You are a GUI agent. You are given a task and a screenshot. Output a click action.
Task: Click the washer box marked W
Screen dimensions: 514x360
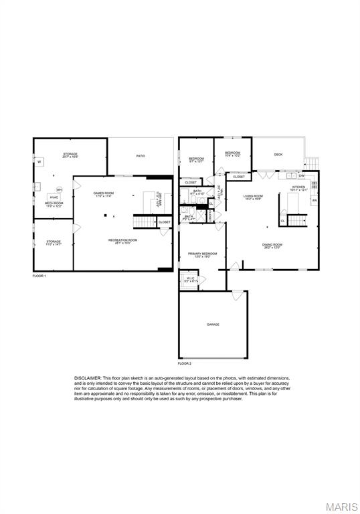tap(39, 162)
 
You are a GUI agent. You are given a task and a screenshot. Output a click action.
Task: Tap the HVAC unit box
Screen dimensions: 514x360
tap(53, 197)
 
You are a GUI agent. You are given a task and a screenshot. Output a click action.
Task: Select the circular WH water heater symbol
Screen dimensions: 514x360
tap(59, 189)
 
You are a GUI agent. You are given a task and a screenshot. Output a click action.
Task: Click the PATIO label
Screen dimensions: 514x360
tap(141, 156)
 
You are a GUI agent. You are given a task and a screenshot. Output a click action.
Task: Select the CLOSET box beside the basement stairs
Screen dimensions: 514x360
tap(165, 222)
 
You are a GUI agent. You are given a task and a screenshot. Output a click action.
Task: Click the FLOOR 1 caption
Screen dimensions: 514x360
tap(39, 276)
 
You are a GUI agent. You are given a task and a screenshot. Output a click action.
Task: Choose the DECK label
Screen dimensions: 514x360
tap(278, 155)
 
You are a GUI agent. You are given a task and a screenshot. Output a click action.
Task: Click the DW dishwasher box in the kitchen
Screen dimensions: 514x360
tap(302, 176)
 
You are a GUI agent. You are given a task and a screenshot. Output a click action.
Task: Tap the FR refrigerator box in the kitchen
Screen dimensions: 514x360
tap(313, 200)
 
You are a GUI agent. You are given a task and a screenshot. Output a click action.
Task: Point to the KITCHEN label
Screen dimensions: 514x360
tap(298, 187)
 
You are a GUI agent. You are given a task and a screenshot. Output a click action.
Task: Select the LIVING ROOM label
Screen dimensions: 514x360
tap(253, 197)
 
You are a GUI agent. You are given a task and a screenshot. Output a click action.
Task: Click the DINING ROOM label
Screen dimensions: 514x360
tap(272, 245)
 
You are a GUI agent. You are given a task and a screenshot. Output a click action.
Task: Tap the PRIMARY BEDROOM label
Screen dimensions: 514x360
tap(202, 254)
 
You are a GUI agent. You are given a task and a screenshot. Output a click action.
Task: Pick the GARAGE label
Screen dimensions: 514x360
tap(213, 325)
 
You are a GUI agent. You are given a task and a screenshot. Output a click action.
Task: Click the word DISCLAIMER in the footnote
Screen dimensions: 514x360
tap(88, 378)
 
